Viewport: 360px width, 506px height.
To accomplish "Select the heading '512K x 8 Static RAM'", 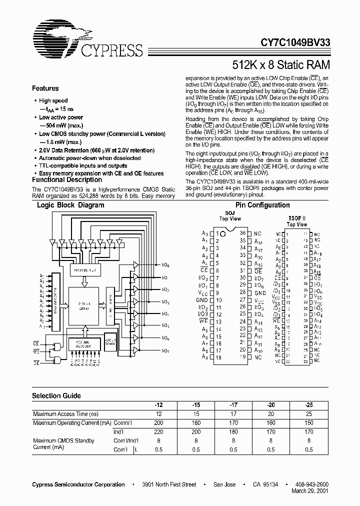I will tap(281, 64).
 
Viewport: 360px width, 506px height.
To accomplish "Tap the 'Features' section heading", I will tap(45, 88).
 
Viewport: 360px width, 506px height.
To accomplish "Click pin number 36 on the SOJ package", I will tap(242, 233).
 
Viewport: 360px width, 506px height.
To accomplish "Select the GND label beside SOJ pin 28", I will tap(259, 292).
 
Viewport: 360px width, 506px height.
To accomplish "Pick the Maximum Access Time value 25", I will tap(308, 414).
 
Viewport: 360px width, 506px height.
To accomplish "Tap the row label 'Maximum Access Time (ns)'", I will tap(65, 414).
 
